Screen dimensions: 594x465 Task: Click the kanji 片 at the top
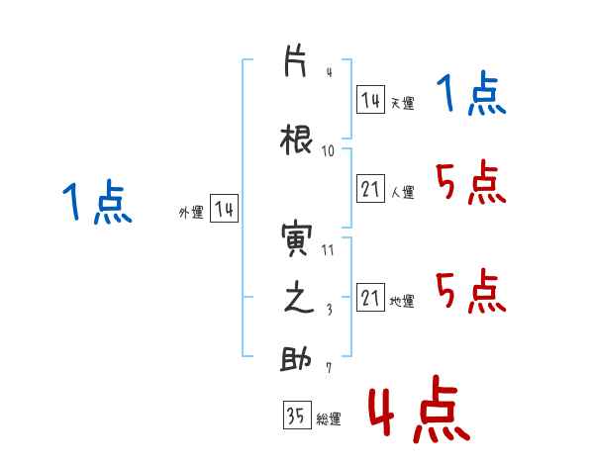pos(295,61)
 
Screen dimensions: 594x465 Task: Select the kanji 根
pos(297,139)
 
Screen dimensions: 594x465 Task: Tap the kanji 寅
pos(297,239)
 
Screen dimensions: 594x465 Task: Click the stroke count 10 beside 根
pos(328,151)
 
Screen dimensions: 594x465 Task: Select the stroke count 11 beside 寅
pos(328,250)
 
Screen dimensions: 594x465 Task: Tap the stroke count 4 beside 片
pos(330,72)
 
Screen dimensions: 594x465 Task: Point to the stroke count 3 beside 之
pos(330,310)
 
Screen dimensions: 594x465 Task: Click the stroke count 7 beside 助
pos(329,368)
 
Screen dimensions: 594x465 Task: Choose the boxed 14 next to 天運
pos(371,100)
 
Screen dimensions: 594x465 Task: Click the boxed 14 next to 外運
pos(225,208)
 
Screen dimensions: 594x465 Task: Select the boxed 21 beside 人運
pos(371,189)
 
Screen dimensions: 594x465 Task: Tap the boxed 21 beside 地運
pos(371,297)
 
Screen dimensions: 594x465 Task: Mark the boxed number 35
pos(297,415)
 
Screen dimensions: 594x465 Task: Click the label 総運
pos(329,419)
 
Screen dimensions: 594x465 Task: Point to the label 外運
pos(191,213)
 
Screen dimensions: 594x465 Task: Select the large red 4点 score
pos(420,410)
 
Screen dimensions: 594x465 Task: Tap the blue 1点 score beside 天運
pos(471,93)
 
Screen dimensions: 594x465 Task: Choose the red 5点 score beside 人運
pos(471,182)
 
